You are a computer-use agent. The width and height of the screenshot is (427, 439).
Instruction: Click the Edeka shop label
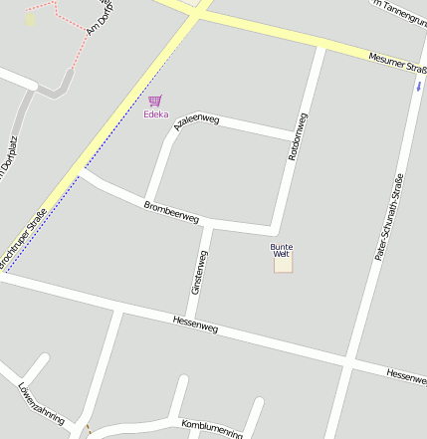(x=155, y=114)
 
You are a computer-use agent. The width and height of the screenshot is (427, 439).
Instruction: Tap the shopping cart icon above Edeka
(x=154, y=101)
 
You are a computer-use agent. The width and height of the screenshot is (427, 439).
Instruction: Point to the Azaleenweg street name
(x=195, y=122)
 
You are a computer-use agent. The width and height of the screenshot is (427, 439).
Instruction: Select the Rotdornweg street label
(x=297, y=138)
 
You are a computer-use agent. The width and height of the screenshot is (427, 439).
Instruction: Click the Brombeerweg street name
(x=171, y=211)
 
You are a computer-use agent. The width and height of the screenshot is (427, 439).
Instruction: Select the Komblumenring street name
(x=212, y=428)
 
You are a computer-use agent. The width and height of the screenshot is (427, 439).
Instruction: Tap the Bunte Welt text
(x=282, y=250)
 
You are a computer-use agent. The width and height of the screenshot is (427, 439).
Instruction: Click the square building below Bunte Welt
(x=284, y=265)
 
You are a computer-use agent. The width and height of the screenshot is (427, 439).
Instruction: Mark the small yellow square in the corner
(x=31, y=19)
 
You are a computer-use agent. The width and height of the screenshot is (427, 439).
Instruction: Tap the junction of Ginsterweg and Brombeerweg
(x=210, y=226)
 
